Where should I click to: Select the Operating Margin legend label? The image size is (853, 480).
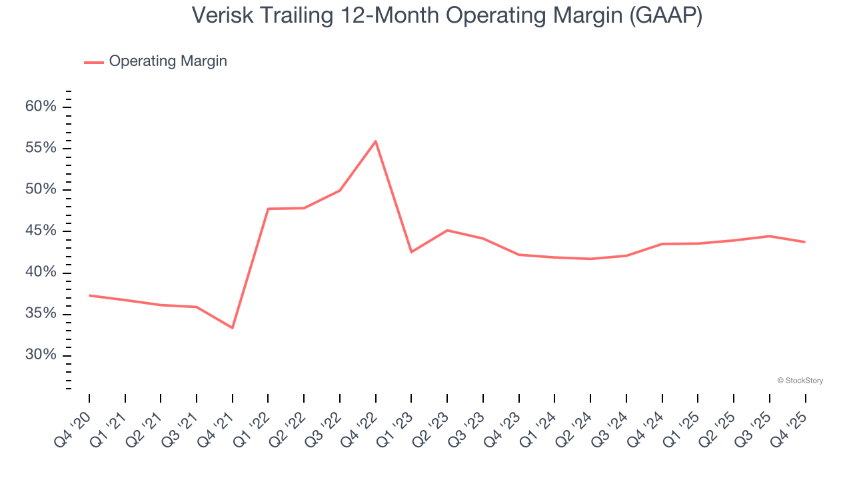[x=168, y=61]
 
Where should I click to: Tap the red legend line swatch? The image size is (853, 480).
[x=94, y=62]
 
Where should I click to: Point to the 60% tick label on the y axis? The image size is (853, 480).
[x=41, y=107]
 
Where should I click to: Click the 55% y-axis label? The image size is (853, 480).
[x=41, y=148]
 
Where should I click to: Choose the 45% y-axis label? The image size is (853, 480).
[x=41, y=231]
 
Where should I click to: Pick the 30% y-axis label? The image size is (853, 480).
[x=41, y=355]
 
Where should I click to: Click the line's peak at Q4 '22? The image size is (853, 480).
[x=376, y=141]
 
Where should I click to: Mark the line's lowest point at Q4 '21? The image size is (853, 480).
[x=233, y=328]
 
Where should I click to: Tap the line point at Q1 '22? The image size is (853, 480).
[x=268, y=209]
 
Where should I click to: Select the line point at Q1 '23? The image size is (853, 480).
[x=411, y=252]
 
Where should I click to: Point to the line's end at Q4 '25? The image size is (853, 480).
[x=805, y=242]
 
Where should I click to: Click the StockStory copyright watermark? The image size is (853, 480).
[x=800, y=381]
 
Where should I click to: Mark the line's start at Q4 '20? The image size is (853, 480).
[x=89, y=295]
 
